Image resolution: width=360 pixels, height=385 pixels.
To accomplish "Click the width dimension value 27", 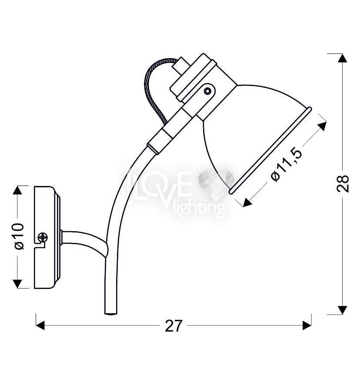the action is tap(174, 326).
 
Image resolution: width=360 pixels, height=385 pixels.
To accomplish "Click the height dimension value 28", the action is tap(343, 183).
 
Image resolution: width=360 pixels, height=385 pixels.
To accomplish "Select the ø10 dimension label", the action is tap(20, 236).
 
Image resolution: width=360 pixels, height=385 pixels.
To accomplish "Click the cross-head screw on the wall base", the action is tap(43, 237).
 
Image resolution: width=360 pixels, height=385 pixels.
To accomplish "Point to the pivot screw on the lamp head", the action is tap(208, 91).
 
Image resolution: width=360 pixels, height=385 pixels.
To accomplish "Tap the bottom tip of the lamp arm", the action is tap(111, 314).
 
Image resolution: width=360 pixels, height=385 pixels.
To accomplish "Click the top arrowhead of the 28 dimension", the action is tap(343, 58).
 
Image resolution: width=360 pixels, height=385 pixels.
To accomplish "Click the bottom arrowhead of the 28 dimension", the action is tap(343, 310).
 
